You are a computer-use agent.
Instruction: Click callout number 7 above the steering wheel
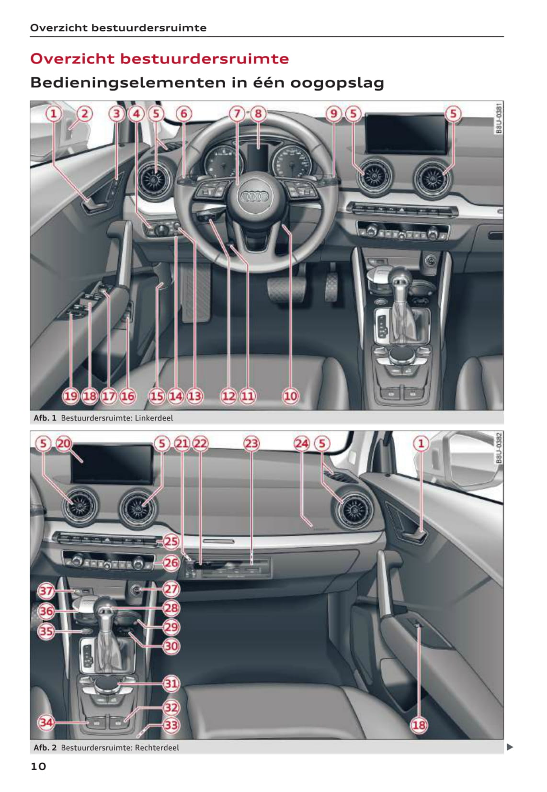[x=237, y=113]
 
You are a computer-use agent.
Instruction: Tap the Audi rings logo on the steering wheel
[x=254, y=196]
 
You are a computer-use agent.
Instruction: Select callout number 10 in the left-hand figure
[x=290, y=396]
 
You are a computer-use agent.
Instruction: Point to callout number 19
[x=70, y=396]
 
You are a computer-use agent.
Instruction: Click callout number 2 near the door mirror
[x=84, y=113]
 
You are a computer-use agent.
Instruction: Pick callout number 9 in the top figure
[x=333, y=113]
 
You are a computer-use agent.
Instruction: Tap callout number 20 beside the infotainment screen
[x=64, y=443]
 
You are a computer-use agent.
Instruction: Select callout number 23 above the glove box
[x=251, y=443]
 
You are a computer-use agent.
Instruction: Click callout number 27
[x=171, y=589]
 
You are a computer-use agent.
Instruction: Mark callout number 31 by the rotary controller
[x=171, y=683]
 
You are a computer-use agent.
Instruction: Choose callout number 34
[x=46, y=723]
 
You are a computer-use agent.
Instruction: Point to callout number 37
[x=46, y=590]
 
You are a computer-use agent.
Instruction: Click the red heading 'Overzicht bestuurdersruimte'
[x=160, y=59]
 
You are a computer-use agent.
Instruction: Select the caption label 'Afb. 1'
[x=45, y=418]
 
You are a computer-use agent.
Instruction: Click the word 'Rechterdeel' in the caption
[x=157, y=747]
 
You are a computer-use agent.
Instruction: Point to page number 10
[x=38, y=767]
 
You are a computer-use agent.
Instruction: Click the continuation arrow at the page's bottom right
[x=510, y=747]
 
